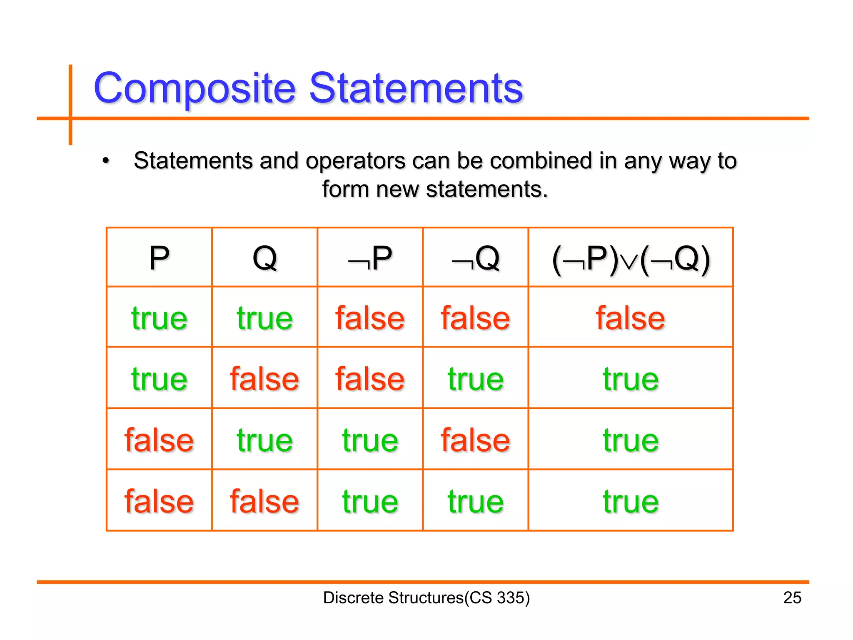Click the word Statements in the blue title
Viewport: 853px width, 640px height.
pos(416,88)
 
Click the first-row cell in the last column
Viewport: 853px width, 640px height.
pos(630,318)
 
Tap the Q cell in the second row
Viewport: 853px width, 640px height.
pos(264,379)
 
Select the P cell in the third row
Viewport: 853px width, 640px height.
pos(159,440)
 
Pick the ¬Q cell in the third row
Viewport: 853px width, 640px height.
pos(475,440)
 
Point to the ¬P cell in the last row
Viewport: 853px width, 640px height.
pos(370,501)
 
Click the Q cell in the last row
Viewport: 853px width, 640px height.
pos(264,501)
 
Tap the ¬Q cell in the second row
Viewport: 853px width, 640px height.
pos(475,379)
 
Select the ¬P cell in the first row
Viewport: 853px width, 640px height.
pos(370,318)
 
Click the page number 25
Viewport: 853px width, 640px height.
pos(792,597)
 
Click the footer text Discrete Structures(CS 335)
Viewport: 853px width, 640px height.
pos(426,597)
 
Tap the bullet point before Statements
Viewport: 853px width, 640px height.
pos(106,161)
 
